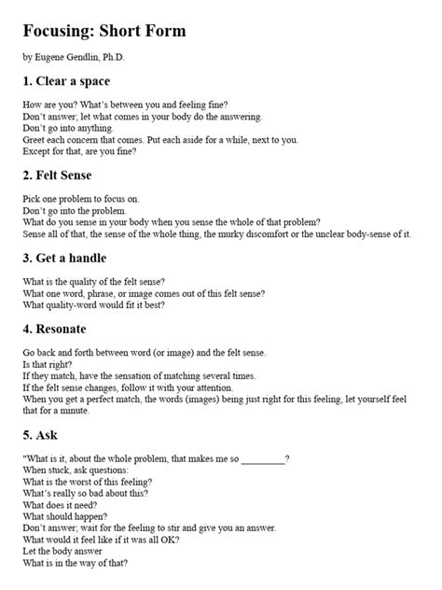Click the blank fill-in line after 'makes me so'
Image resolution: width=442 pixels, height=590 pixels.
[263, 458]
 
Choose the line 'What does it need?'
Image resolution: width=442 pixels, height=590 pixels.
[57, 504]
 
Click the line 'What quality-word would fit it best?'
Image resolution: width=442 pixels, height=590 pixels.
[94, 304]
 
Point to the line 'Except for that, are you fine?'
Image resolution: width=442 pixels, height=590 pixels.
[80, 152]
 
